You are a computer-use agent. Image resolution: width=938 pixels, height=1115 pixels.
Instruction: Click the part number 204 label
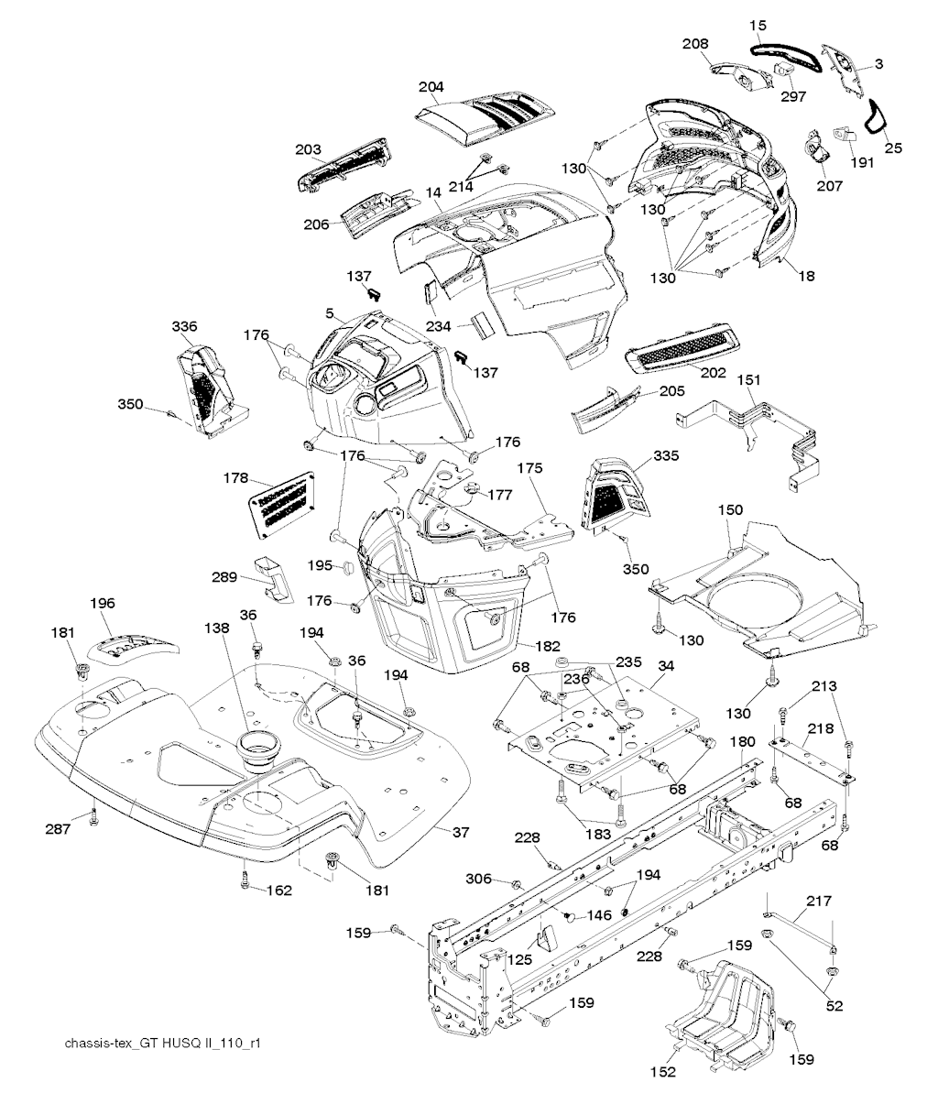431,88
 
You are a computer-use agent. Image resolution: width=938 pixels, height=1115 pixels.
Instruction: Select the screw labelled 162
245,879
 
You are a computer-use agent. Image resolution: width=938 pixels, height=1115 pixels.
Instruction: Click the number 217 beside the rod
820,901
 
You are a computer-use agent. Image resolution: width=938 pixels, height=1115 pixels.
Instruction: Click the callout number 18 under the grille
807,275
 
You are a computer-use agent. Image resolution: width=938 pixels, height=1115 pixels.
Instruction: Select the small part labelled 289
276,577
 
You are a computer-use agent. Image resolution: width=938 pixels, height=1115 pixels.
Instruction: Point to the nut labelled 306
516,883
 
